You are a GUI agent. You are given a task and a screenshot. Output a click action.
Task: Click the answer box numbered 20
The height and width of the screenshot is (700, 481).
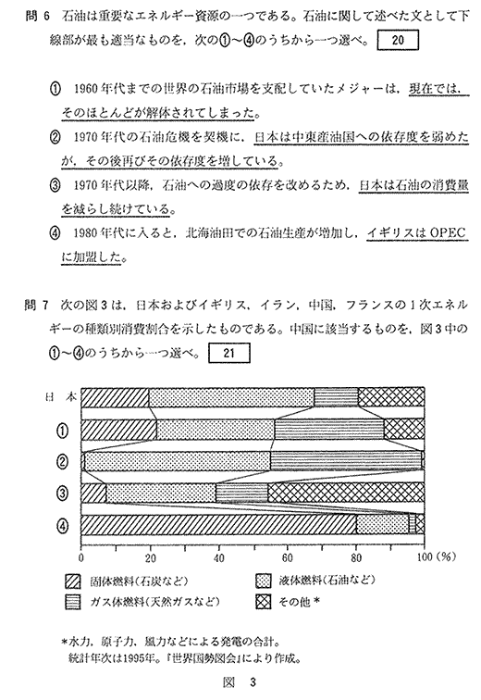(398, 40)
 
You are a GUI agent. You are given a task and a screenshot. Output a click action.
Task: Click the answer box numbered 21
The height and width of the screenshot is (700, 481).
(229, 353)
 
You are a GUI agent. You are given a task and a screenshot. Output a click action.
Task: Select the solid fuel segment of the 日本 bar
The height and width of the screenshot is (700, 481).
(115, 397)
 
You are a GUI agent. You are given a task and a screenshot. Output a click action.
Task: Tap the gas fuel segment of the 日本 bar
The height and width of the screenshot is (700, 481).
(337, 397)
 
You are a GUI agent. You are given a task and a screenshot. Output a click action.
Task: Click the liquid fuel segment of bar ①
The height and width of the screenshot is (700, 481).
(216, 430)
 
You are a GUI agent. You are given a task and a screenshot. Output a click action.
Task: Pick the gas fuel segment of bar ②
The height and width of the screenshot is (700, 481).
(346, 461)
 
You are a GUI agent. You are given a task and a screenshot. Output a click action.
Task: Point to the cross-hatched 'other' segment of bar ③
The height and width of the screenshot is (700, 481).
(346, 493)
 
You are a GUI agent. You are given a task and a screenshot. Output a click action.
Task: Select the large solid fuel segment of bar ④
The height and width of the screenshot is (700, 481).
(219, 525)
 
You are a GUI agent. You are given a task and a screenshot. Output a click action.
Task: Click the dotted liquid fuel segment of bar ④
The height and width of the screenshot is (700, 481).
(382, 525)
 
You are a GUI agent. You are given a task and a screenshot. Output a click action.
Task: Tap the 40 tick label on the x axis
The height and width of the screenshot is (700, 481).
(218, 557)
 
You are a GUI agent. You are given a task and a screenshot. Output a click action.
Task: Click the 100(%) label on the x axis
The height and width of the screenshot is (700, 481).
(436, 557)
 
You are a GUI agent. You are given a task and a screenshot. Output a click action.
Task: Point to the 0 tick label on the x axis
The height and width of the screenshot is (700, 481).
(81, 557)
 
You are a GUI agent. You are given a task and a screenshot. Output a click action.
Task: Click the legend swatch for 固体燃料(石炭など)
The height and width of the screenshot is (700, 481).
(73, 581)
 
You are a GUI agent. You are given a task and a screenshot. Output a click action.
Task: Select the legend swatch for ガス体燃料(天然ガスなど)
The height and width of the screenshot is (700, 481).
(73, 602)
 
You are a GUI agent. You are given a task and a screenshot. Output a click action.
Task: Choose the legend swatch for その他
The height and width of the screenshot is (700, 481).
(264, 602)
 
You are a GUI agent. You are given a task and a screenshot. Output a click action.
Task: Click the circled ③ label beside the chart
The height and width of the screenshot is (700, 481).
(63, 494)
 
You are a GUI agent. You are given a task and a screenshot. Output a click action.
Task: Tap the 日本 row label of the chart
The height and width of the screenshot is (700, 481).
(61, 397)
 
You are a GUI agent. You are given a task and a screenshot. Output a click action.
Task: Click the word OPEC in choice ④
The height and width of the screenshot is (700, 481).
(447, 232)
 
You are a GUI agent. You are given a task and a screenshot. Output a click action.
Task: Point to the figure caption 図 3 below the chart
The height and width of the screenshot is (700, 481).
(240, 682)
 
